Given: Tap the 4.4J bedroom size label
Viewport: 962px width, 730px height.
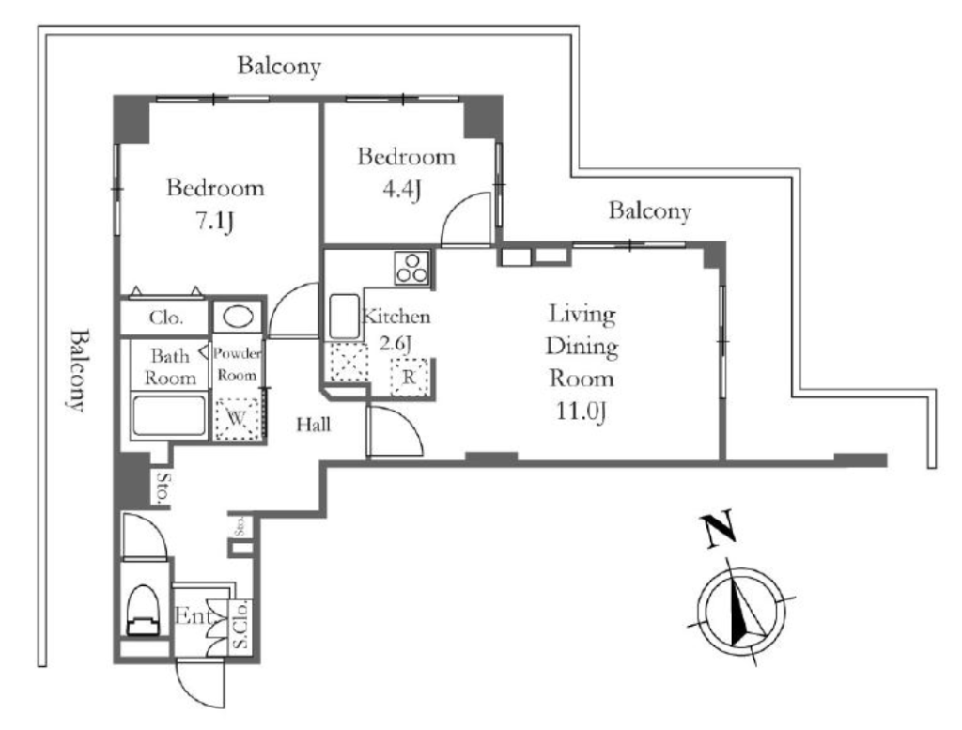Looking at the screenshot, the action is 402,191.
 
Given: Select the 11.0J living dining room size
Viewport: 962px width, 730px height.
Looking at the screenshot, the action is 581,412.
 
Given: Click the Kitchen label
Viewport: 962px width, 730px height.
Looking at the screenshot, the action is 396,317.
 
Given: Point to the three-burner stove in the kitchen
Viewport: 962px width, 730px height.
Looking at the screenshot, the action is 411,268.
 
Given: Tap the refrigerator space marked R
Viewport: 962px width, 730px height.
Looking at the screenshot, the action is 409,377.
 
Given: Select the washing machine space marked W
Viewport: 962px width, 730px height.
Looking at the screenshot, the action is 237,419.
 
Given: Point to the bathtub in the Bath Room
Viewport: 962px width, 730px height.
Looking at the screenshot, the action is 169,416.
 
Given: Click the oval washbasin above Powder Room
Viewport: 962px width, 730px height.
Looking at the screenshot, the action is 238,318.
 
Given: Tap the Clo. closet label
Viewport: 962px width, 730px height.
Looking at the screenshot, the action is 166,318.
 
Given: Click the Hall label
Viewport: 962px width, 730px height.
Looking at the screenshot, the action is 314,425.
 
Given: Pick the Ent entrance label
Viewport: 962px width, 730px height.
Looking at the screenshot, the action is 194,616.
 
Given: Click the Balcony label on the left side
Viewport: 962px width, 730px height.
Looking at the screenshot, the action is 78,370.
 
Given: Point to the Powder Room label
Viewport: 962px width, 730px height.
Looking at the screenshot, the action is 238,365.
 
